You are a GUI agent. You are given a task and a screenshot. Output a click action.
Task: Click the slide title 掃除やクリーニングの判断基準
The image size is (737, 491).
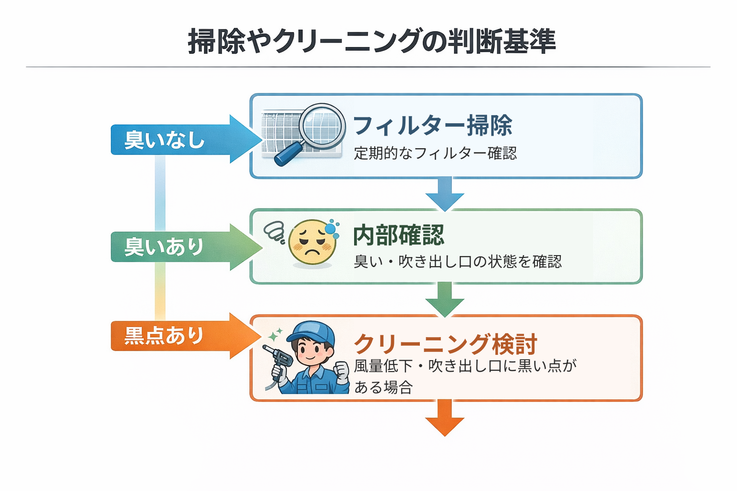(372, 41)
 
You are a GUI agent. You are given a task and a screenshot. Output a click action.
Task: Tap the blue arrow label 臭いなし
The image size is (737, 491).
(165, 140)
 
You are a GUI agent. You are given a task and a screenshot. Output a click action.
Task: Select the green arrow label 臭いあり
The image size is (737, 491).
(164, 247)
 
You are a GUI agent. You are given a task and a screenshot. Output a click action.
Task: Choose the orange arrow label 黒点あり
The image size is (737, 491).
(164, 336)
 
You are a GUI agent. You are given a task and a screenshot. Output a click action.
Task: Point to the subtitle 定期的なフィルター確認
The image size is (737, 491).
(435, 153)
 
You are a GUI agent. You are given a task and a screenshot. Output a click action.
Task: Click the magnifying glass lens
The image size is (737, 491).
(322, 126)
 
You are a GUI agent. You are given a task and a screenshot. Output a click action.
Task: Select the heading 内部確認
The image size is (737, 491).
(399, 235)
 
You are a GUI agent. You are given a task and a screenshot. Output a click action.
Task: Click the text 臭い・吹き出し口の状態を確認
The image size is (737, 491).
(457, 262)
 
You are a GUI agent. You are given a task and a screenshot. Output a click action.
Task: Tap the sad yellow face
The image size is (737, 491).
(312, 243)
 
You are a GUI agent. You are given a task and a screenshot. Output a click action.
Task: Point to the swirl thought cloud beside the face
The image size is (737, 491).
(275, 232)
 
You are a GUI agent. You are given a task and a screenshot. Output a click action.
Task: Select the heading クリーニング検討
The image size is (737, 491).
(445, 344)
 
